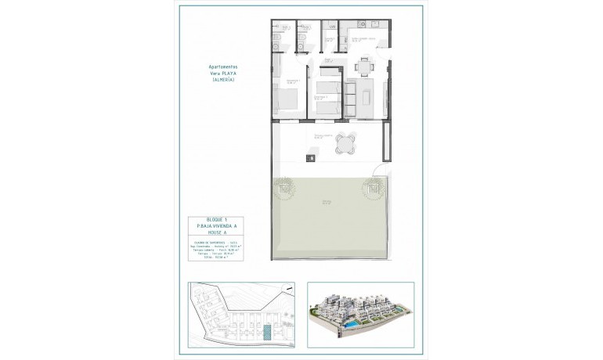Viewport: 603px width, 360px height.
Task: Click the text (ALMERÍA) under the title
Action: click(218, 81)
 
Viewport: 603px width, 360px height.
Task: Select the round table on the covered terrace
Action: click(343, 145)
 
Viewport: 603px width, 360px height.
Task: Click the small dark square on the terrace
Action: click(312, 160)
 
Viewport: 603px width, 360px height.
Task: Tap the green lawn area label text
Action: click(325, 203)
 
